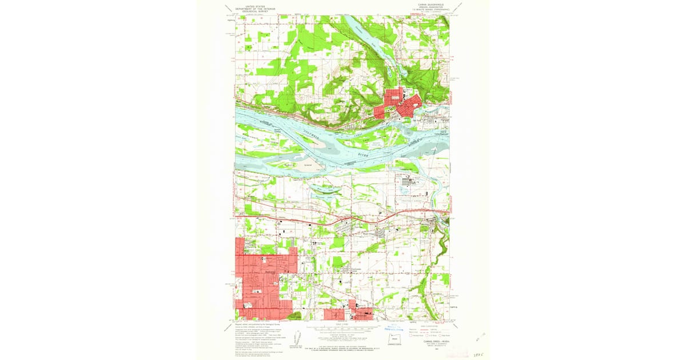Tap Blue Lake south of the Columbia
(x=325, y=187)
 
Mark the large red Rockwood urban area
(x=260, y=280)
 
